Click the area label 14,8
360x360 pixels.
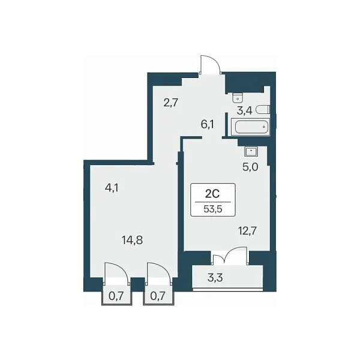[x=133, y=241]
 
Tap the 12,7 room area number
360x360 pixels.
[x=247, y=230]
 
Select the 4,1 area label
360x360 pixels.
[x=112, y=188]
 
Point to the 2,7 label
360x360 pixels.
[x=170, y=103]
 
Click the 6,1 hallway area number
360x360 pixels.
[x=208, y=125]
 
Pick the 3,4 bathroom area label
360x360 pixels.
[x=245, y=110]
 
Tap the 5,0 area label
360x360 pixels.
[x=250, y=167]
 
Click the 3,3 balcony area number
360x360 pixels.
[x=215, y=278]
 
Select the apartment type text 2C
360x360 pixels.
[x=212, y=194]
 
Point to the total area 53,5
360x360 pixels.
[x=213, y=209]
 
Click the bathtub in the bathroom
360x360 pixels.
[x=250, y=127]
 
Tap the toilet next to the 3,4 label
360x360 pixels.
[x=263, y=109]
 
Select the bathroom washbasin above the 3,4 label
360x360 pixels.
[x=238, y=98]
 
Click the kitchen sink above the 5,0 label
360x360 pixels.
[x=251, y=152]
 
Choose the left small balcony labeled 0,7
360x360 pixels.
[x=116, y=296]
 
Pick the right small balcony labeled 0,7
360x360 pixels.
[x=158, y=296]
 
